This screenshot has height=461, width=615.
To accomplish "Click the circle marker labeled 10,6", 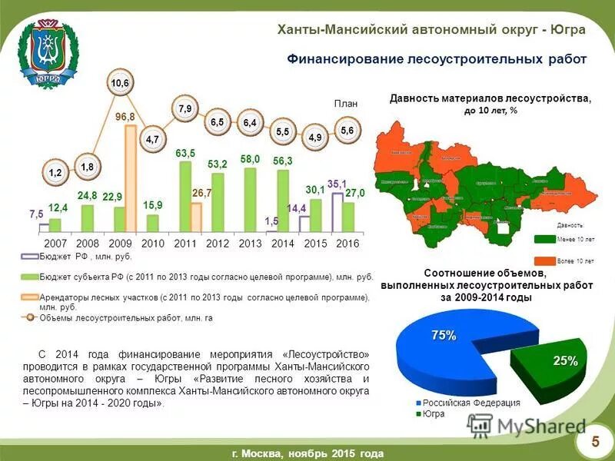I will tap(120, 83).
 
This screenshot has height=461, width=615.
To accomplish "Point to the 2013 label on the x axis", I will tap(250, 243).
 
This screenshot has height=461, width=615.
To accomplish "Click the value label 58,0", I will tap(250, 159).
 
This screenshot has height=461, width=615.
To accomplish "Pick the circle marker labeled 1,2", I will tap(55, 173).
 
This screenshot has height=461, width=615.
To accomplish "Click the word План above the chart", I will tap(346, 103).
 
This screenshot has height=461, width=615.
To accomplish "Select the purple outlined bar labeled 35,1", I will tap(337, 213).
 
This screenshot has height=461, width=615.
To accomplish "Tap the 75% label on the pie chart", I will tap(444, 335).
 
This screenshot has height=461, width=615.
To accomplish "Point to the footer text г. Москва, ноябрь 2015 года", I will tap(307, 453).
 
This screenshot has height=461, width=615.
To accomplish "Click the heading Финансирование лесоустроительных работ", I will tap(437, 59).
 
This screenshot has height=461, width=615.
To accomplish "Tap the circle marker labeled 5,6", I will tap(347, 131).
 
